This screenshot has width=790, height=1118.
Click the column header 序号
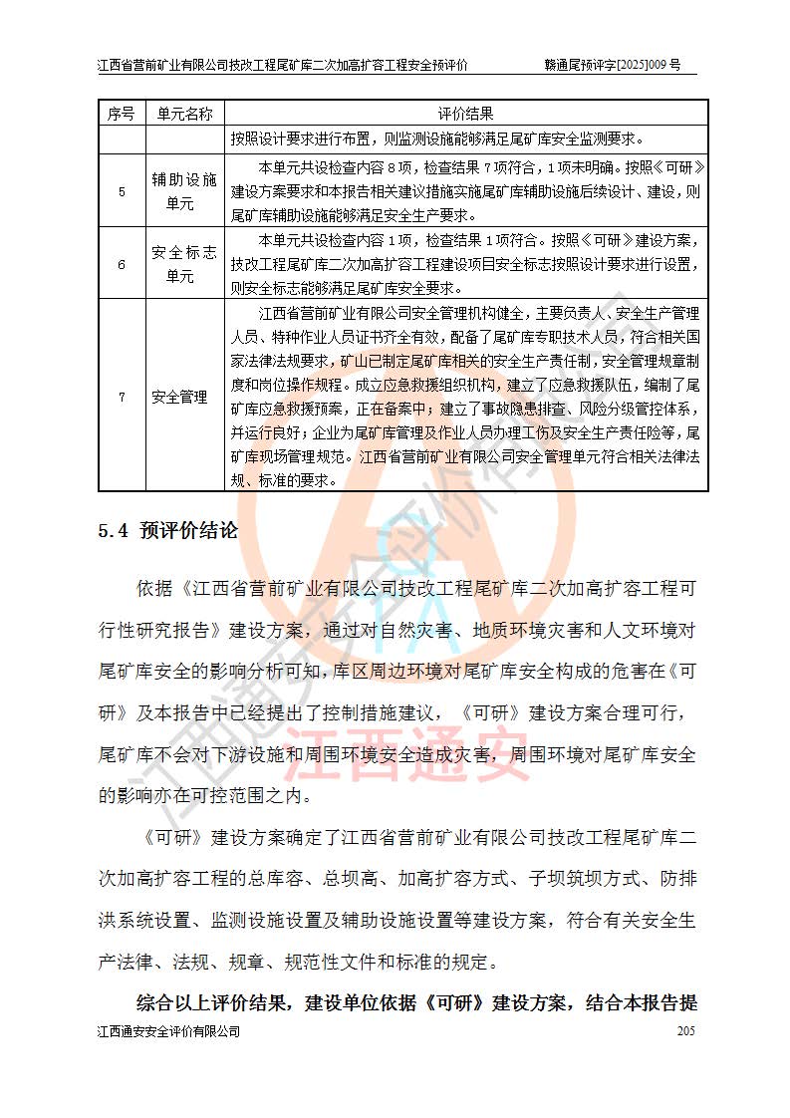coord(122,113)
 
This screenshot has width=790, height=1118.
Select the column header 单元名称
coord(185,113)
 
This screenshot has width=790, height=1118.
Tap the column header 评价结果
coord(467,113)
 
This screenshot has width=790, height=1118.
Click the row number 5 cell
coord(122,190)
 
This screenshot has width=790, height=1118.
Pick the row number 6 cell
coord(122,264)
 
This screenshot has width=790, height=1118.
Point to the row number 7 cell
coord(122,397)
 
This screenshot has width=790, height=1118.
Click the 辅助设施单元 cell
coord(185,190)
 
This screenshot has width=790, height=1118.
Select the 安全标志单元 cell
coord(185,264)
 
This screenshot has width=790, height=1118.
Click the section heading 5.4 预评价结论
coord(167,531)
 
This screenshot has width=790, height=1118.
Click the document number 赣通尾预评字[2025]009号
coord(613,65)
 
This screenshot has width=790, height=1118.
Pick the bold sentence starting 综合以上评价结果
coord(416,1001)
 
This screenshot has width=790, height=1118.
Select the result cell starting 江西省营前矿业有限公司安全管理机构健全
coord(467,397)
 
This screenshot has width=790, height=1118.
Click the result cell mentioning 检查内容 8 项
coord(467,190)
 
